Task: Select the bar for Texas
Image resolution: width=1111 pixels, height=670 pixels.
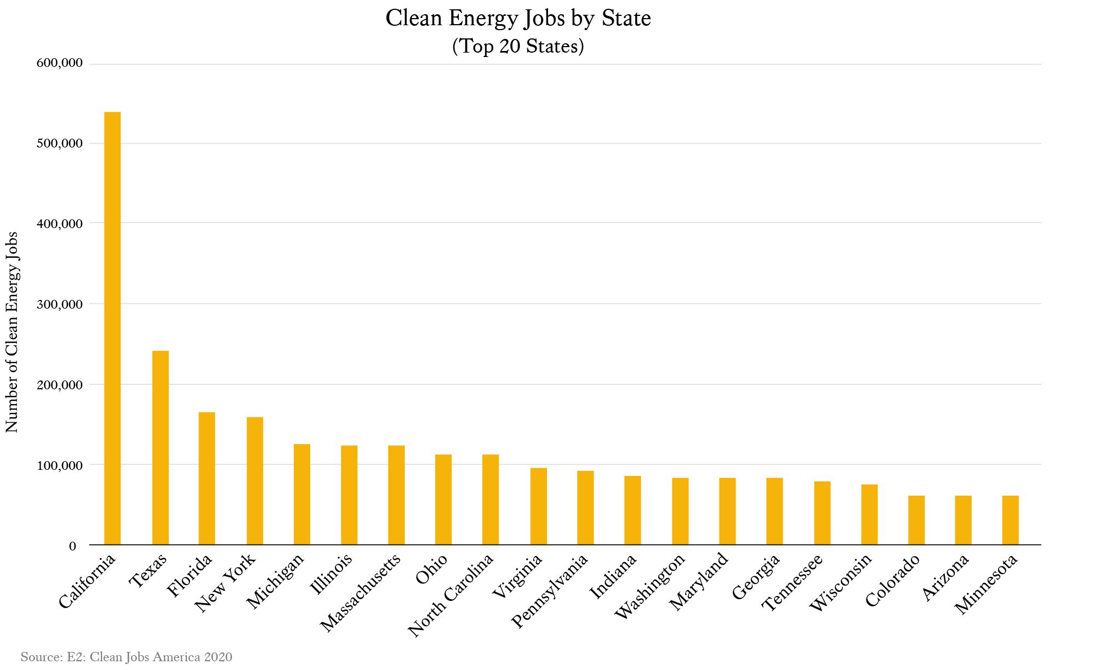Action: pyautogui.click(x=160, y=447)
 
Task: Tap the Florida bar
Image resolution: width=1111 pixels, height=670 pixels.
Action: pyautogui.click(x=207, y=478)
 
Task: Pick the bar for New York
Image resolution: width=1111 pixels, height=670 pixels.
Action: pyautogui.click(x=255, y=481)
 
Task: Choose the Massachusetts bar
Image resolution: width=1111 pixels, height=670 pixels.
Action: pyautogui.click(x=396, y=495)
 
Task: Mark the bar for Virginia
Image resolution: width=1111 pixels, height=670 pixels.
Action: pyautogui.click(x=538, y=506)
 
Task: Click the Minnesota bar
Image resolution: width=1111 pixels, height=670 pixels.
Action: pyautogui.click(x=1010, y=520)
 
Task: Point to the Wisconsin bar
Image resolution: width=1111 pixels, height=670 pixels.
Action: pyautogui.click(x=869, y=514)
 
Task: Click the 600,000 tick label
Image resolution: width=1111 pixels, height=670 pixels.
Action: pyautogui.click(x=60, y=64)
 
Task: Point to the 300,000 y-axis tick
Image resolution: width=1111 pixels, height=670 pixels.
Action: pyautogui.click(x=60, y=304)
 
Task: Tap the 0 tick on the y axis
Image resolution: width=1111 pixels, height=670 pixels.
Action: pyautogui.click(x=72, y=546)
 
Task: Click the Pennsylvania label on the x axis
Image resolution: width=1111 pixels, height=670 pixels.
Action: pyautogui.click(x=550, y=590)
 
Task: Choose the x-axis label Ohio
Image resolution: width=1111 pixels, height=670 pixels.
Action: pyautogui.click(x=432, y=569)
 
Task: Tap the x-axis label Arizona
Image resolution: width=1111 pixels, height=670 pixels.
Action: pyautogui.click(x=945, y=577)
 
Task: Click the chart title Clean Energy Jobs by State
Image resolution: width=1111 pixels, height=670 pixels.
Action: pyautogui.click(x=518, y=18)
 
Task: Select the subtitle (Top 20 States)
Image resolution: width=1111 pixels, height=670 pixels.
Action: pyautogui.click(x=518, y=46)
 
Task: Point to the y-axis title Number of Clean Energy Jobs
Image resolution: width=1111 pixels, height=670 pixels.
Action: pyautogui.click(x=12, y=332)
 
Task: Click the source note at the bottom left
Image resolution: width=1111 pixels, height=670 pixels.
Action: pyautogui.click(x=127, y=657)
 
